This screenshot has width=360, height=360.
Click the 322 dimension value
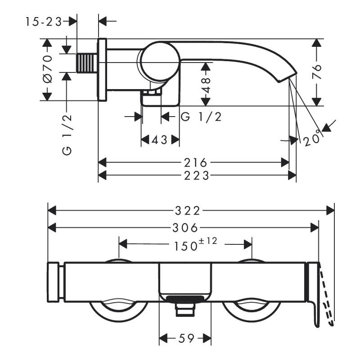click(187, 210)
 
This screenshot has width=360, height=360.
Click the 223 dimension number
click(197, 175)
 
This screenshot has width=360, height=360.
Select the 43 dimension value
click(159, 140)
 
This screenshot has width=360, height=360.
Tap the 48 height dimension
click(206, 84)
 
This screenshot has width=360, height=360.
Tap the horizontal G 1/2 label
click(201, 117)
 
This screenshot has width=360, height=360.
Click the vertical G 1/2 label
click(67, 135)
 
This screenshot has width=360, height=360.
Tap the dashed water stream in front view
click(328, 297)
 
